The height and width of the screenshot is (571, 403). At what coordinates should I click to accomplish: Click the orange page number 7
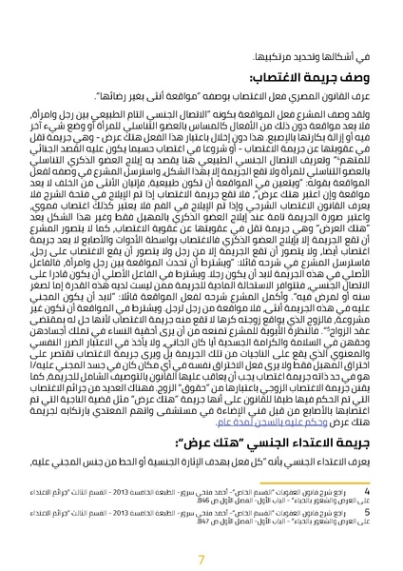click(201, 540)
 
